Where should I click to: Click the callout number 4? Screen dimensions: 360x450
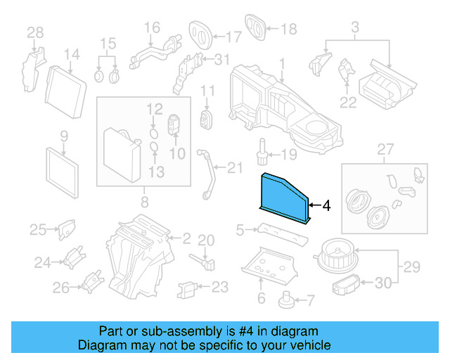click(x=326, y=206)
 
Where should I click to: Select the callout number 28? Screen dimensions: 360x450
click(x=35, y=32)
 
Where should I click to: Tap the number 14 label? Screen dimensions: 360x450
click(x=72, y=55)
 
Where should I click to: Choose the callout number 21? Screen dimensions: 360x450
click(x=234, y=167)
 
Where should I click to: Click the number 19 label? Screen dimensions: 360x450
click(x=290, y=155)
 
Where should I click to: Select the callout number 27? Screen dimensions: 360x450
click(x=383, y=150)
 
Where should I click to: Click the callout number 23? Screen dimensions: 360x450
click(x=220, y=287)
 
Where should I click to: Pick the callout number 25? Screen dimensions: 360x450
click(x=37, y=229)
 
